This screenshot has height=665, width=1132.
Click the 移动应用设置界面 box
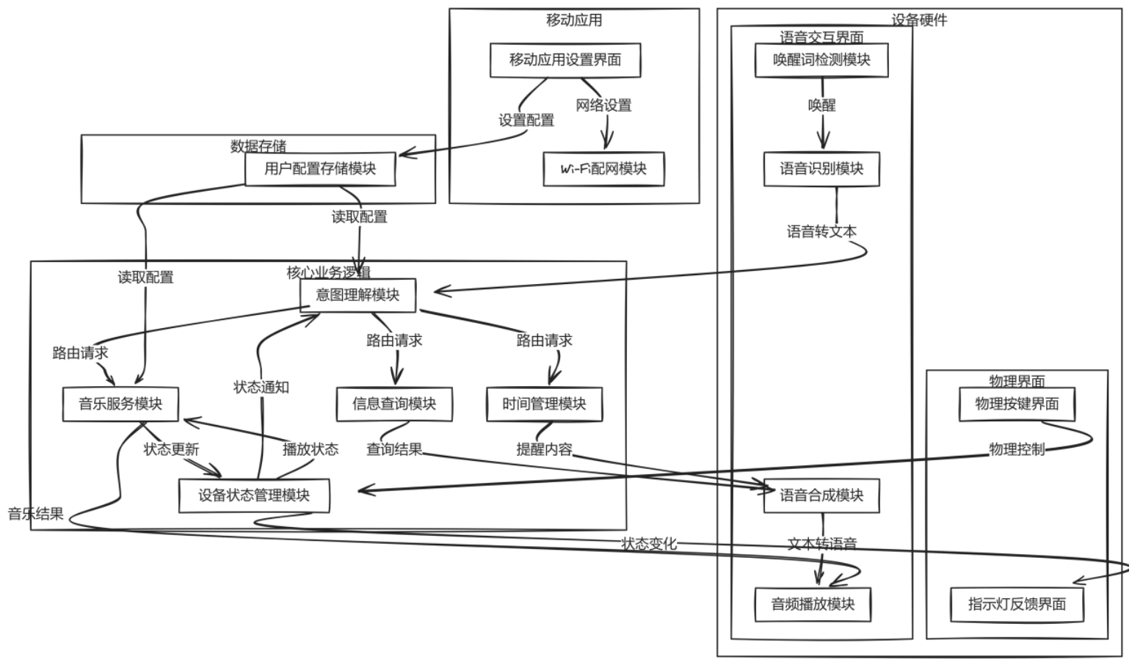[x=565, y=60]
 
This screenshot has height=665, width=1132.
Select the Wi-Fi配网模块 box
[x=603, y=169]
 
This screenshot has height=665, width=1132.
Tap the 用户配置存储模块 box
[x=320, y=169]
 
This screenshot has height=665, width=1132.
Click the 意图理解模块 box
[x=358, y=295]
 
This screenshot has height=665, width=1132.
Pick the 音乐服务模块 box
[x=120, y=404]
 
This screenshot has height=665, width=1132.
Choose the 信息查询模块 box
[x=394, y=404]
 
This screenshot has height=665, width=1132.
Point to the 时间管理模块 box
[x=544, y=404]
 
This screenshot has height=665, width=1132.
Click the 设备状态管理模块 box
[x=254, y=495]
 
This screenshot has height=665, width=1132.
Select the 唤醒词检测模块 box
[x=821, y=60]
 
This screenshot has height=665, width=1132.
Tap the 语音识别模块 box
[x=821, y=169]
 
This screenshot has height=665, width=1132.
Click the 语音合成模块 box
[x=821, y=495]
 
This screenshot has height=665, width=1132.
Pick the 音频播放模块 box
[x=813, y=604]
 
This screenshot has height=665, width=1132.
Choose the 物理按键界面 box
[x=1017, y=404]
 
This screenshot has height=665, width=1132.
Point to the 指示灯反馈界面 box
[x=1017, y=604]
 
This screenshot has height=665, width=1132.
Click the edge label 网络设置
[x=603, y=105]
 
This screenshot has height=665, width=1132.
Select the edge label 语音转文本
[x=821, y=232]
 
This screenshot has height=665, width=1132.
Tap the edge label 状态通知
[x=261, y=387]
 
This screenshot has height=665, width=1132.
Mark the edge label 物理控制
[x=1017, y=449]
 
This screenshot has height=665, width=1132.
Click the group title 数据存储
[x=258, y=146]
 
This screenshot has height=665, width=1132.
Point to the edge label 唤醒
[x=821, y=105]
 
